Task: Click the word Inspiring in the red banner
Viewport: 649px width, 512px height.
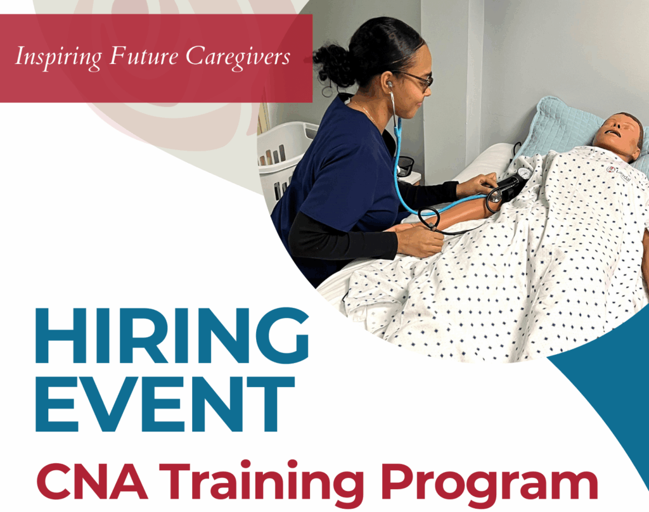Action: [58, 57]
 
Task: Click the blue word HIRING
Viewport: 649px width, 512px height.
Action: [172, 336]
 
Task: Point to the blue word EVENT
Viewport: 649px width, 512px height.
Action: [165, 404]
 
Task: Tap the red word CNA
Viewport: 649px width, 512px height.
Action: [92, 482]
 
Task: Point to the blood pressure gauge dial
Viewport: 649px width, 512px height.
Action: [524, 174]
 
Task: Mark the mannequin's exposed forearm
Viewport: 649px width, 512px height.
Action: [459, 210]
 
